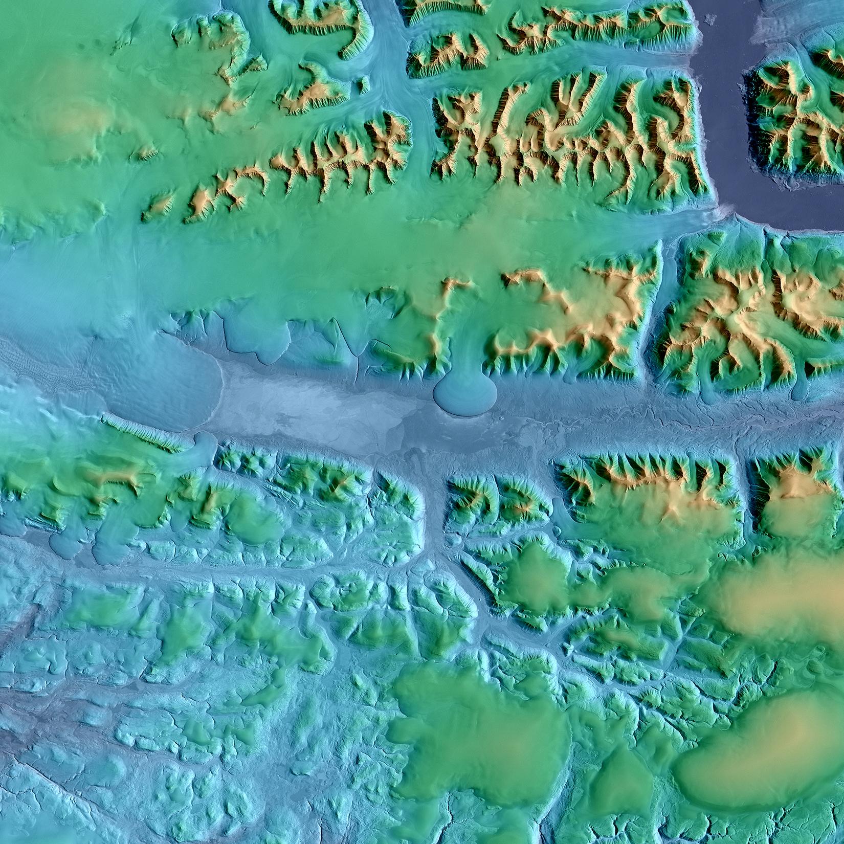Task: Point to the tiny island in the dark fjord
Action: click(709, 19)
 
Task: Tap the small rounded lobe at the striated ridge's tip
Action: click(205, 445)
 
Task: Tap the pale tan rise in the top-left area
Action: click(77, 123)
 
